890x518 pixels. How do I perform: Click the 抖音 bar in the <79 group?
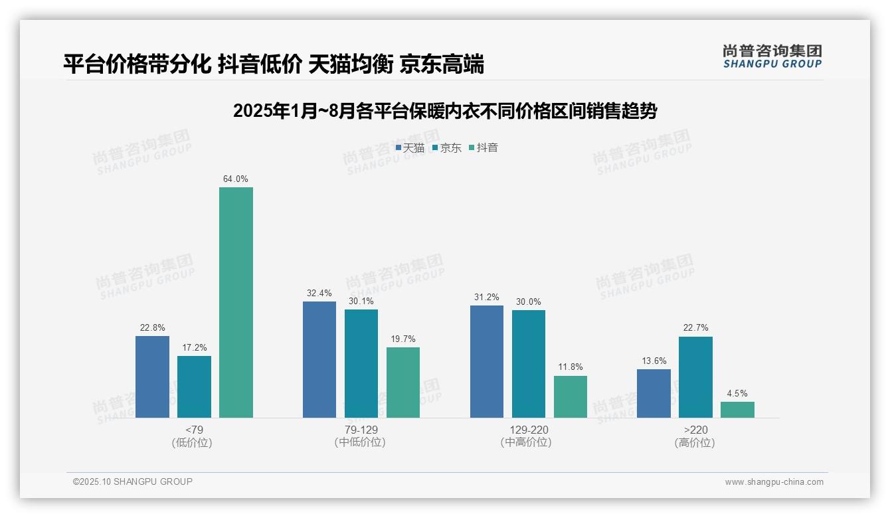coord(236,302)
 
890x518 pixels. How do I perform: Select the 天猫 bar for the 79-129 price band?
coord(319,359)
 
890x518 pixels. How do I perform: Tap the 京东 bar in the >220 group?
coord(695,377)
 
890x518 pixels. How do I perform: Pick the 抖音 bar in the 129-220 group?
coord(571,396)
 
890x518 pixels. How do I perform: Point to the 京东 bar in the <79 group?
coord(194,387)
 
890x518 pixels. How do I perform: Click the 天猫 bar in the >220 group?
coord(654,393)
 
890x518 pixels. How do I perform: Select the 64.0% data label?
coord(236,179)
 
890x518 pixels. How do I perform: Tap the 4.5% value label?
coord(737,394)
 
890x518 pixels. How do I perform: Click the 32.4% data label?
coord(319,294)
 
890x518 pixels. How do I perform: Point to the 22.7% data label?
coord(695,328)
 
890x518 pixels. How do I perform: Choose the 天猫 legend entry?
coord(410,148)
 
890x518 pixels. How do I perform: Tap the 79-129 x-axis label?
coord(361,430)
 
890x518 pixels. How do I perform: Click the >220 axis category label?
coord(695,430)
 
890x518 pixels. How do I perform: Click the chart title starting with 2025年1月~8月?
coord(445,111)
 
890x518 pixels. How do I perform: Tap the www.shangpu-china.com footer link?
coord(774,482)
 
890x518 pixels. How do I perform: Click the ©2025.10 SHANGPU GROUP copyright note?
coord(133,482)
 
